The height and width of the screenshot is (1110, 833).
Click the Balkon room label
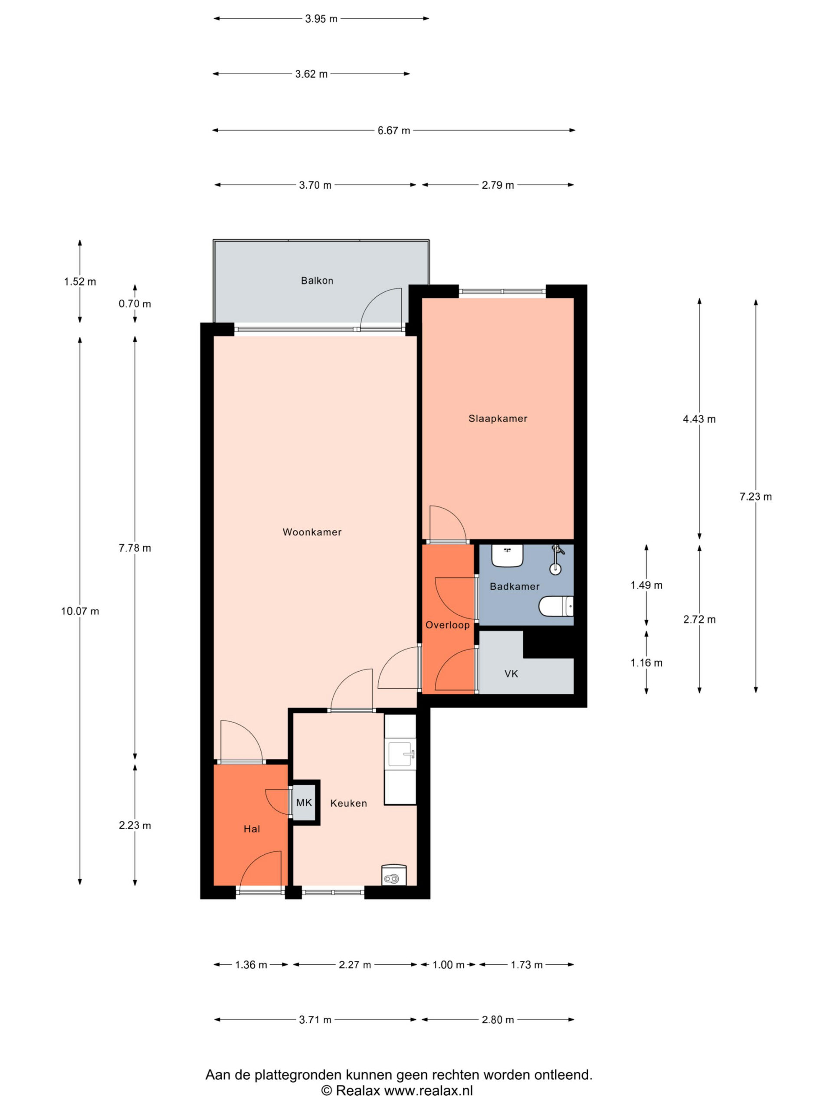pyautogui.click(x=317, y=281)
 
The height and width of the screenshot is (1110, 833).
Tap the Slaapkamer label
pyautogui.click(x=498, y=418)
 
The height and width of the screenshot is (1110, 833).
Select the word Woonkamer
pyautogui.click(x=312, y=532)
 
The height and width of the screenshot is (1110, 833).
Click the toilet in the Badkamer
pyautogui.click(x=556, y=606)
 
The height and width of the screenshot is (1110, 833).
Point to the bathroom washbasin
pyautogui.click(x=507, y=555)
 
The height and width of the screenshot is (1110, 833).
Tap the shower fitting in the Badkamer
pyautogui.click(x=556, y=559)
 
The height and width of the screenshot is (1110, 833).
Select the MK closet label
pyautogui.click(x=304, y=803)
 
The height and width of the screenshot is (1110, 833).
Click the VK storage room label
pyautogui.click(x=511, y=674)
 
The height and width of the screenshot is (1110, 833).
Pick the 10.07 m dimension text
pyautogui.click(x=80, y=611)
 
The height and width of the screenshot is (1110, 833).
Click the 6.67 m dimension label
pyautogui.click(x=394, y=131)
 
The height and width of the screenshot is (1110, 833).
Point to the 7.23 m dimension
pyautogui.click(x=755, y=497)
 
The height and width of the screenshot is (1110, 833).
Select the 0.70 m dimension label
pyautogui.click(x=134, y=304)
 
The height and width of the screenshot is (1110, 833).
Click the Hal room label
pyautogui.click(x=252, y=829)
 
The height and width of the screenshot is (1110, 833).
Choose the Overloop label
pyautogui.click(x=447, y=625)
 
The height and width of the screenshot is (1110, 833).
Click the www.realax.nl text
pyautogui.click(x=428, y=1090)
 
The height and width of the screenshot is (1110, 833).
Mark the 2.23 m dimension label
pyautogui.click(x=134, y=826)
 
